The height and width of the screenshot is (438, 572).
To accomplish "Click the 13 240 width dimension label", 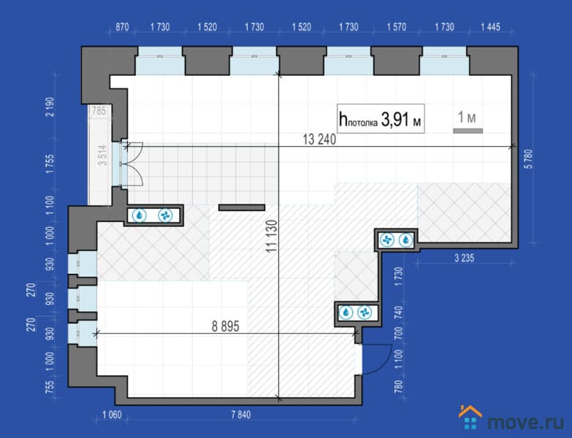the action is [319, 139].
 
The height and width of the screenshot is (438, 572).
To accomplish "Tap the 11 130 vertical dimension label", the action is [272, 236].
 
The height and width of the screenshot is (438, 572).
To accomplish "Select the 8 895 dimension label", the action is [226, 326].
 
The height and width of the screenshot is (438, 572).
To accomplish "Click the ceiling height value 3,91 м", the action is [401, 119].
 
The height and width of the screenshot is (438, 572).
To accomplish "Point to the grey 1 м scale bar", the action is [468, 131].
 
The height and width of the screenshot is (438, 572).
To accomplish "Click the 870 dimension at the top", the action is [122, 27].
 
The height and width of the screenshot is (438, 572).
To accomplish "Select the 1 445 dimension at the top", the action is [490, 27].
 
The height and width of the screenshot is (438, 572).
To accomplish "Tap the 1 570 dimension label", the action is [396, 27].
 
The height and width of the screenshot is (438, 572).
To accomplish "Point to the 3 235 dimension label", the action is [464, 258].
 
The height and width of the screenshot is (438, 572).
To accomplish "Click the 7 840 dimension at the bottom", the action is [241, 415].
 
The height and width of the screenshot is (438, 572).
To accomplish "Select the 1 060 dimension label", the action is [112, 415].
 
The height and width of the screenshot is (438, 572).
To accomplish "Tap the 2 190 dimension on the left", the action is [50, 107].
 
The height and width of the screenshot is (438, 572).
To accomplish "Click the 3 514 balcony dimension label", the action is [103, 155].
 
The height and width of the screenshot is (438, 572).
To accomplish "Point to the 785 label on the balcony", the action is [99, 110].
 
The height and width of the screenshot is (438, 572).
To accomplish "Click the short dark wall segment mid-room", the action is [242, 207].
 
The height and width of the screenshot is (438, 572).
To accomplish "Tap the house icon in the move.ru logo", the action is [470, 418].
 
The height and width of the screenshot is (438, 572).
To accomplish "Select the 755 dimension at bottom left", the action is [50, 387].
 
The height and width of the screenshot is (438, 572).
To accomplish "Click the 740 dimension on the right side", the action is [399, 312].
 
